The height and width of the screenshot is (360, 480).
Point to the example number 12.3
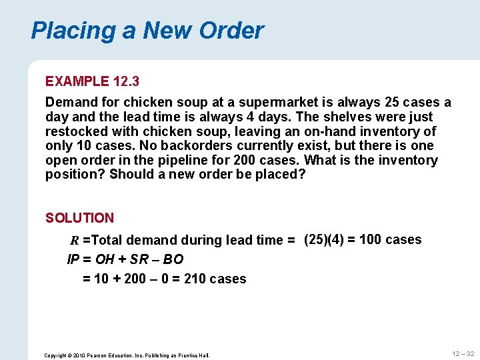tap(126, 81)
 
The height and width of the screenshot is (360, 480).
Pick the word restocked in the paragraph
tap(73, 131)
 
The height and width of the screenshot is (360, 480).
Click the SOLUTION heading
tap(79, 218)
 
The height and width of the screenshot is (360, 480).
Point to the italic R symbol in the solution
tap(75, 241)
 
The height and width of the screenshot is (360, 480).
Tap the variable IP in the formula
tap(73, 259)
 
